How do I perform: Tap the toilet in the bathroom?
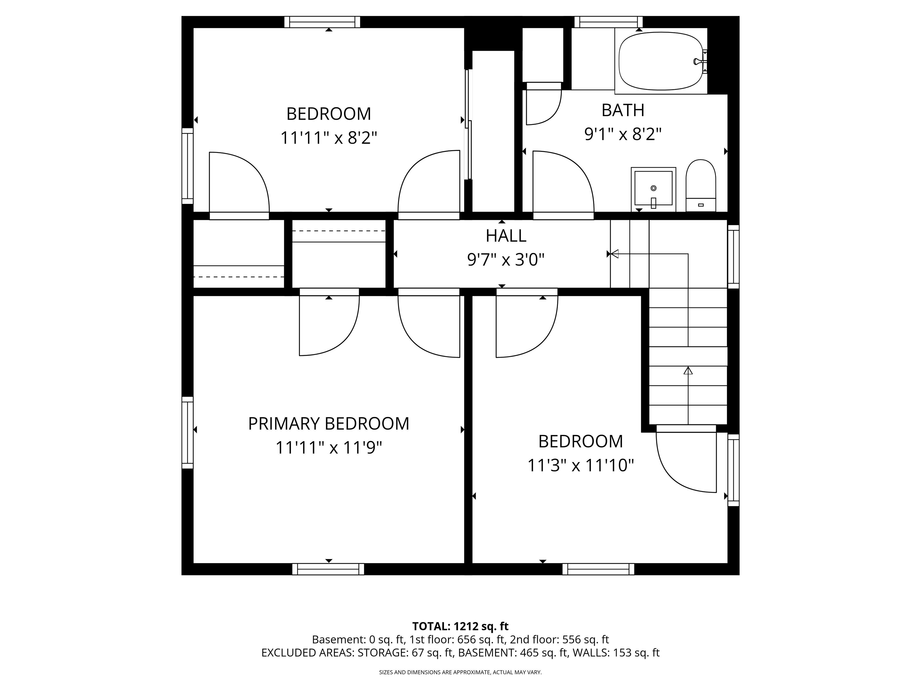(x=701, y=186)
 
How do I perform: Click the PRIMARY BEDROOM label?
(x=329, y=423)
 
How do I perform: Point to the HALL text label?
(x=506, y=236)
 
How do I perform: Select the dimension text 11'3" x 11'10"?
(x=580, y=465)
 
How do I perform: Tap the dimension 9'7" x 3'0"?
(x=506, y=260)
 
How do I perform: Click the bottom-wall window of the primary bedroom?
(x=328, y=569)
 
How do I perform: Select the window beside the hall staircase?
(x=733, y=256)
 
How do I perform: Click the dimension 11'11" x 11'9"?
(x=329, y=448)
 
